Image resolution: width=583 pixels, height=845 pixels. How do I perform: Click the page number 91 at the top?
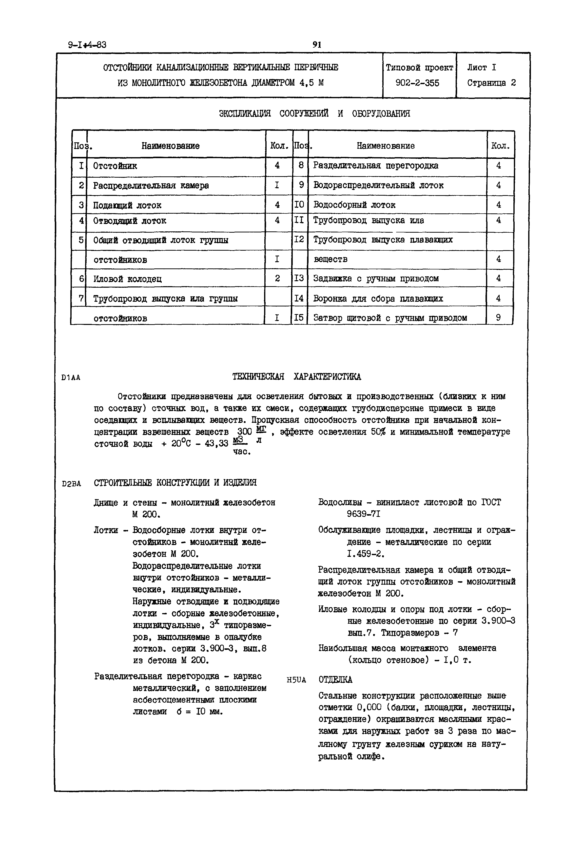pyautogui.click(x=317, y=45)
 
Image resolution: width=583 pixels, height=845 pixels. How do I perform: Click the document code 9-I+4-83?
pyautogui.click(x=87, y=45)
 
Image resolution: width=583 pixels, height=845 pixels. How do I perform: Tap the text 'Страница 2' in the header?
pyautogui.click(x=491, y=83)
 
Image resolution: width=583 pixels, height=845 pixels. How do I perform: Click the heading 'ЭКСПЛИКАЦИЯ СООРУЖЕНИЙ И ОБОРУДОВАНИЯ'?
pyautogui.click(x=314, y=113)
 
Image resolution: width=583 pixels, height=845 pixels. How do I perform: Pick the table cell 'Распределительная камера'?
pyautogui.click(x=151, y=186)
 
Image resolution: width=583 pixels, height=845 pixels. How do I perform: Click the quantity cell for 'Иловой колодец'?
pyautogui.click(x=277, y=279)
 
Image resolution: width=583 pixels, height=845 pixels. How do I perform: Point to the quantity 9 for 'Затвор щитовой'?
pyautogui.click(x=498, y=318)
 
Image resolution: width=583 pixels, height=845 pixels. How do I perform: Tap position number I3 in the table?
pyautogui.click(x=299, y=278)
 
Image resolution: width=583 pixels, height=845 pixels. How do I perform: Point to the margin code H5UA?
pyautogui.click(x=296, y=680)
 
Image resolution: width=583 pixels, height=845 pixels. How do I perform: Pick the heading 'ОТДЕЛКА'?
pyautogui.click(x=335, y=680)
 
